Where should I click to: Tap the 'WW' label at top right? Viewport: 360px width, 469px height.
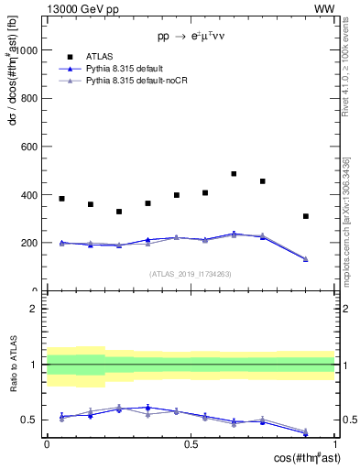pos(325,8)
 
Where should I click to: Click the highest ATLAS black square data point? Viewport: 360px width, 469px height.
pos(234,173)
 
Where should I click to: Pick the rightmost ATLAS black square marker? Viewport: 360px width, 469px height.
pos(306,216)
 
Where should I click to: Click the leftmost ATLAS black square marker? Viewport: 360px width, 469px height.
pos(61,199)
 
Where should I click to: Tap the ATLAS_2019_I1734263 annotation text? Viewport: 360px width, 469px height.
pos(191,273)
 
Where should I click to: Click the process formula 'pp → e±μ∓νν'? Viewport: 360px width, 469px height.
pos(191,38)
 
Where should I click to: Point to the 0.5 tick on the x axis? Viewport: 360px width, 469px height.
pos(191,444)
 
